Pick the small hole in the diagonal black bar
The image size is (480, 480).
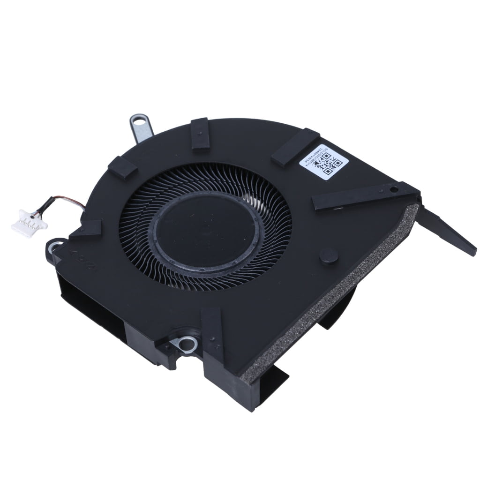pos(394,189)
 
